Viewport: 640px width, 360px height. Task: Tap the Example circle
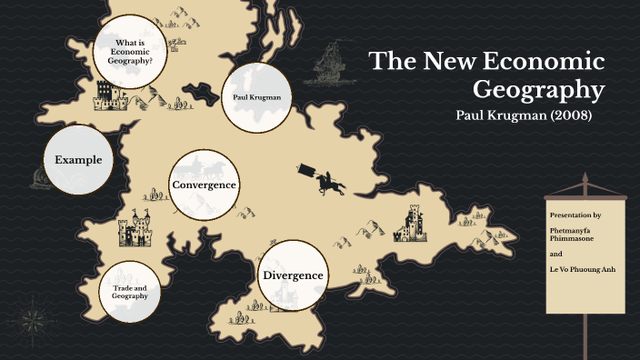point(78,160)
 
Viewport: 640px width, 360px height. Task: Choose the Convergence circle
point(205,185)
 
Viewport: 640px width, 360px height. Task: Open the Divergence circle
point(293,275)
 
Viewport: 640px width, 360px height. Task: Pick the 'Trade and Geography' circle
point(130,292)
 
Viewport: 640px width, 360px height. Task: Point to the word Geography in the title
point(539,91)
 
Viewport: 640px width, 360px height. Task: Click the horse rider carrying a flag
point(326,179)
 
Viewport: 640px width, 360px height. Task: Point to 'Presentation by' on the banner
point(575,215)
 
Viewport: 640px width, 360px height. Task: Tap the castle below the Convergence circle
point(136,230)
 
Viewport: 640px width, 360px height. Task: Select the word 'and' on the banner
point(555,255)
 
